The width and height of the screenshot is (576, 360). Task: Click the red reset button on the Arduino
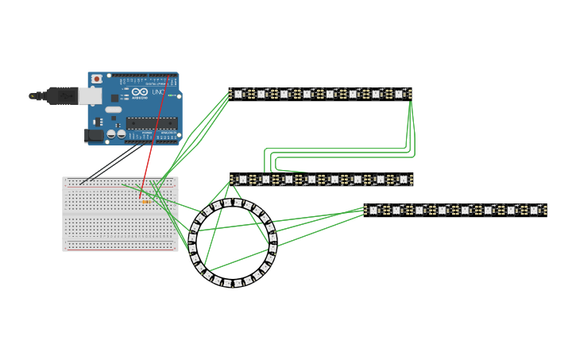pos(97,79)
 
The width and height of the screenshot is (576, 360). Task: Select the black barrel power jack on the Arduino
pos(94,136)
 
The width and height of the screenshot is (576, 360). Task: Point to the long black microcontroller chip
pos(152,122)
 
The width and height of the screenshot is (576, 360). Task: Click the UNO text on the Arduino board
pos(158,93)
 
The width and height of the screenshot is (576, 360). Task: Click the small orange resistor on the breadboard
pos(145,202)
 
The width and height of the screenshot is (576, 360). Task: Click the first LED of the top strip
pos(239,94)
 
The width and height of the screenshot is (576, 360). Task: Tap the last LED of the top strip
pos(400,94)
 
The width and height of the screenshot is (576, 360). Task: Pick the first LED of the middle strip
pos(242,180)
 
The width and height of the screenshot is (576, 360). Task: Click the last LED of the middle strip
pos(403,180)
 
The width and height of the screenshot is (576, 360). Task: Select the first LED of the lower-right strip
pos(374,211)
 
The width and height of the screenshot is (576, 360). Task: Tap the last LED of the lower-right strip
pos(535,211)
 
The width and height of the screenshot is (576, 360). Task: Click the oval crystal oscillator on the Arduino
pos(114,110)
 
